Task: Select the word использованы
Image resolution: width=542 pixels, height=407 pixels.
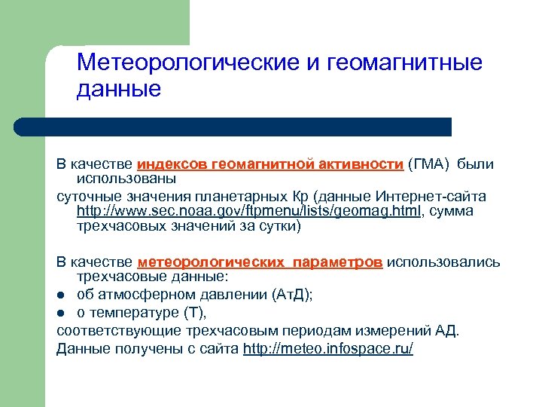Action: [126, 179]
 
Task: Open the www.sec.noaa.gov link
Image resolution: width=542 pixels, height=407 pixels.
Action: [248, 211]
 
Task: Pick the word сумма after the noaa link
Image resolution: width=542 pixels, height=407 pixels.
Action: [453, 211]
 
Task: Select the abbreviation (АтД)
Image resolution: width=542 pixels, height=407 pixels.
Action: [294, 295]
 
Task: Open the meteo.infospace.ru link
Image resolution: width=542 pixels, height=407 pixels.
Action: [328, 348]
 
